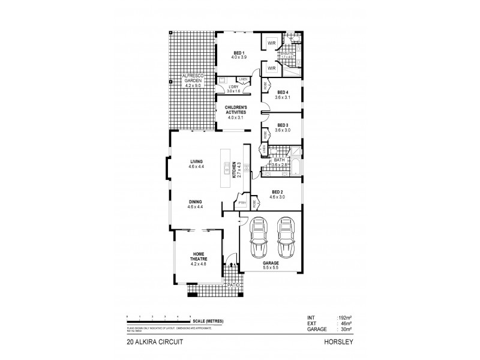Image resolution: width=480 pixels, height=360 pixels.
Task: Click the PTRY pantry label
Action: [242, 203]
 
